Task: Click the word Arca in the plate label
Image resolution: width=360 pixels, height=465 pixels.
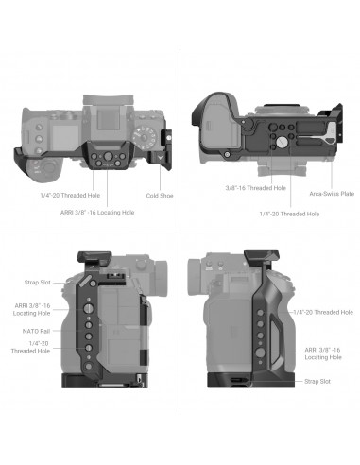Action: [x=313, y=193]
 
